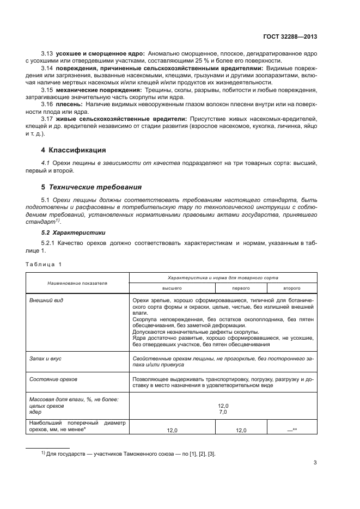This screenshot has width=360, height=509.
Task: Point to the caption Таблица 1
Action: (44, 264)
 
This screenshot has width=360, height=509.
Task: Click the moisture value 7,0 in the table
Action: (222, 412)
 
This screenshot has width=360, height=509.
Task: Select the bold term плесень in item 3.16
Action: (68, 102)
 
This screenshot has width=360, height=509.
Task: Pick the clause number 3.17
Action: (47, 118)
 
